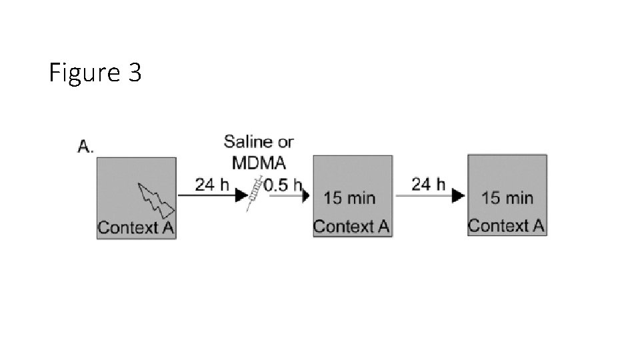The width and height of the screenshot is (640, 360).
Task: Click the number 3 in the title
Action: point(133,72)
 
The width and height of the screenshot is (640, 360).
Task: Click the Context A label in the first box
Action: point(137,227)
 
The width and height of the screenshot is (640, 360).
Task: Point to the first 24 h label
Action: point(212,184)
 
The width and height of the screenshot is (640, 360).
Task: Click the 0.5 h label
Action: point(283,185)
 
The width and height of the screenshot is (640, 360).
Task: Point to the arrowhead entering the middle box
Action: point(307,196)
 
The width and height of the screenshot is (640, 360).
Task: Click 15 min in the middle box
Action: point(349,197)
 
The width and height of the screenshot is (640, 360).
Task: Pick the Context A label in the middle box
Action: point(351,226)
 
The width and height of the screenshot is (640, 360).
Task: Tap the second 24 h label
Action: point(429,183)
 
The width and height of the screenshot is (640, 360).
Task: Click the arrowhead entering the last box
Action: point(458,196)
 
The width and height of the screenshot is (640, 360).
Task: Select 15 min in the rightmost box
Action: point(507,197)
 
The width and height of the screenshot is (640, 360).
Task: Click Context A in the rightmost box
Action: point(506,225)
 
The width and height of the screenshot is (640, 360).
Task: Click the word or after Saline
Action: point(285,141)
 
